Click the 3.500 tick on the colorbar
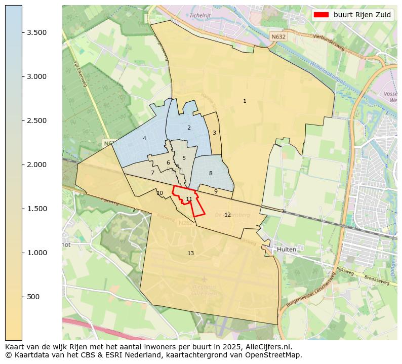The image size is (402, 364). click(x=37, y=32)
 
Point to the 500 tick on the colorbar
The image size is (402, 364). click(x=34, y=297)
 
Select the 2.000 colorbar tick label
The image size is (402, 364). click(x=37, y=165)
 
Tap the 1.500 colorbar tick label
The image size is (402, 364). click(x=37, y=209)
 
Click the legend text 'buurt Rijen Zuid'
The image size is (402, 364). click(x=362, y=15)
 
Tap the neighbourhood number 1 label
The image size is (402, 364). click(x=245, y=101)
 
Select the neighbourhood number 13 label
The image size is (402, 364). click(x=190, y=253)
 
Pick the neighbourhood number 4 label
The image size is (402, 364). click(x=144, y=138)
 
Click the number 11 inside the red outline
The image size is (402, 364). click(x=189, y=199)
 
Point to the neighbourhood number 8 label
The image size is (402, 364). click(x=211, y=174)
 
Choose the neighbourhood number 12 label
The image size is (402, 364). click(x=227, y=215)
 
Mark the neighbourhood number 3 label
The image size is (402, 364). click(x=214, y=133)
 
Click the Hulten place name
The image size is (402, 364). click(x=287, y=250)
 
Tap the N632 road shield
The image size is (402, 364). click(x=277, y=37)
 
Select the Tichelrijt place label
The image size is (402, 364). click(x=200, y=15)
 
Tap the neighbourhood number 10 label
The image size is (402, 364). click(x=160, y=193)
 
